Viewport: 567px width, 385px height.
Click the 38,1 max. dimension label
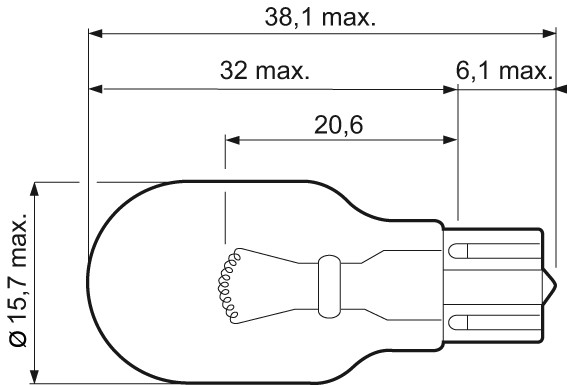pos(321,17)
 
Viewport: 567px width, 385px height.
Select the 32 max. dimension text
pos(263,73)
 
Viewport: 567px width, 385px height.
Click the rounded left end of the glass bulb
pos(93,282)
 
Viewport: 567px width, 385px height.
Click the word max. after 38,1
pos(348,17)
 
